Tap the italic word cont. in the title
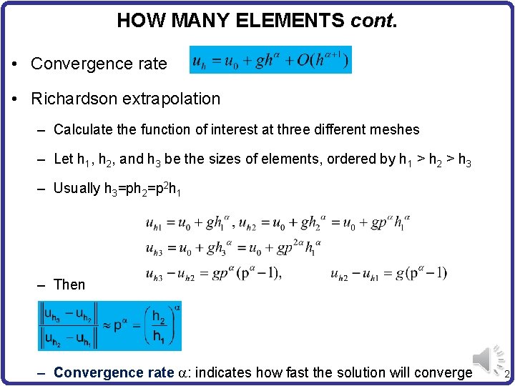point(373,20)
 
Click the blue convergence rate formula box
point(271,59)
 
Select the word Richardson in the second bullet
point(77,98)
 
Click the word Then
point(69,284)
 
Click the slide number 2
point(506,376)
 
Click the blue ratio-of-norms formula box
point(109,326)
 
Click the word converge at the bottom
point(446,372)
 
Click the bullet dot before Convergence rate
point(15,64)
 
